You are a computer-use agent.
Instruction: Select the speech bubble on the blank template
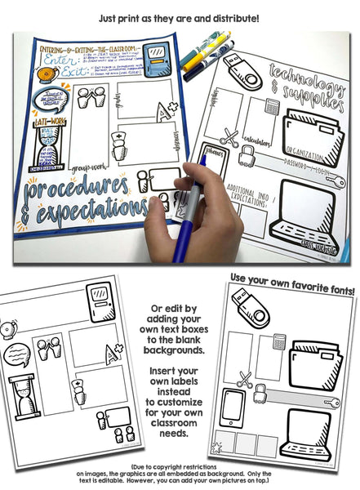click(19, 356)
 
